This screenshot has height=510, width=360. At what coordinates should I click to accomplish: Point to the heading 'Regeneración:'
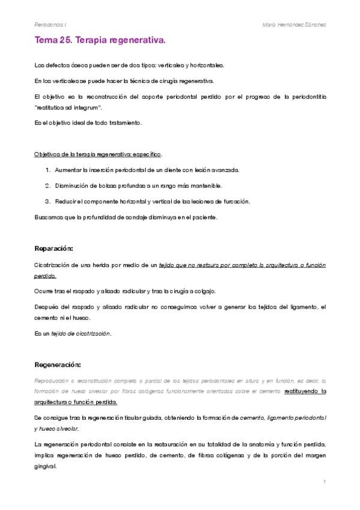pos(58,364)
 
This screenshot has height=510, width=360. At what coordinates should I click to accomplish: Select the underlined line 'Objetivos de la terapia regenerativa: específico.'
pos(97,154)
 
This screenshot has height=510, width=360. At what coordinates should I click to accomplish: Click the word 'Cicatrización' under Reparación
pos(53,265)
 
